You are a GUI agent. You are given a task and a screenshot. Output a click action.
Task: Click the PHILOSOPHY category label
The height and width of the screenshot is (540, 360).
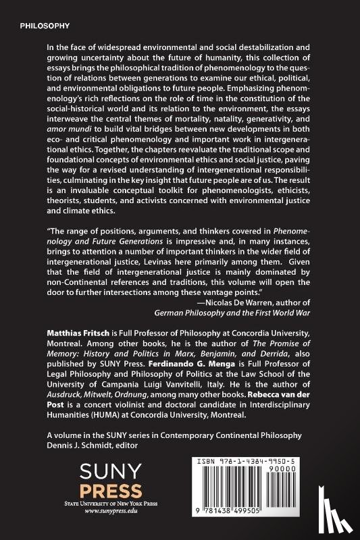[x=45, y=26]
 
